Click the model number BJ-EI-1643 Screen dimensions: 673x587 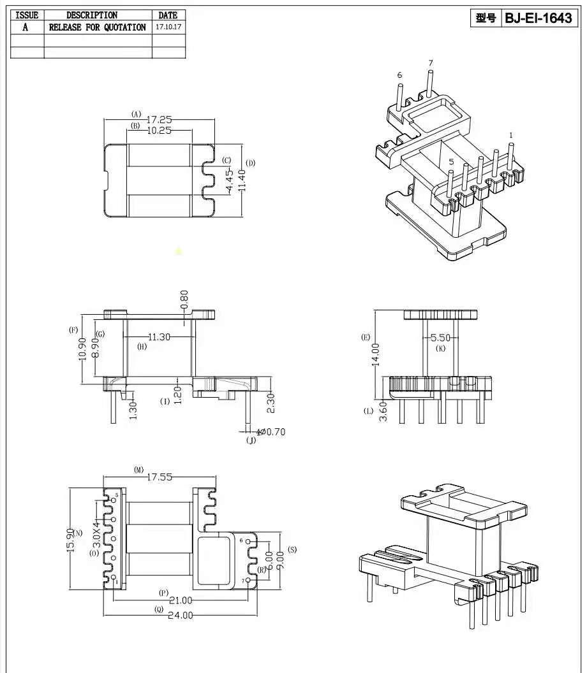[538, 18]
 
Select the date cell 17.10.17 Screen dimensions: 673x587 [168, 27]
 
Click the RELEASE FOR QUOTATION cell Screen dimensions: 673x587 [98, 27]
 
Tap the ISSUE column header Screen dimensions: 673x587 [27, 15]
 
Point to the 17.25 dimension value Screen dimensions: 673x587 [160, 120]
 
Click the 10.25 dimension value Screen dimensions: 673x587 [160, 131]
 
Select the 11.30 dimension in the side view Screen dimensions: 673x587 [159, 337]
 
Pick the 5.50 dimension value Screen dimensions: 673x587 [441, 338]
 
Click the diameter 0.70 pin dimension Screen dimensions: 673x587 [271, 431]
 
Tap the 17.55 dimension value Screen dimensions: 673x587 [160, 477]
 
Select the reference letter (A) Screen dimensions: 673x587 [136, 114]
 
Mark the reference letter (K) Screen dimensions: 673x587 [441, 349]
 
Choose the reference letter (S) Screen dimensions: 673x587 [292, 549]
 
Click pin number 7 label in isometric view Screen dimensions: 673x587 [431, 63]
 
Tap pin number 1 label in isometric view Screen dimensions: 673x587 [511, 135]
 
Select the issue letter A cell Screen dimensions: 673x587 [26, 27]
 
